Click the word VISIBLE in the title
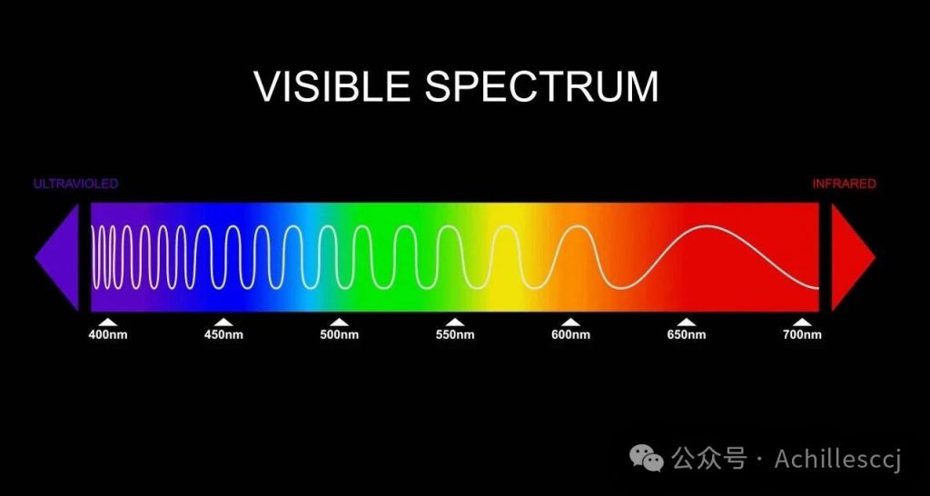pos(332,86)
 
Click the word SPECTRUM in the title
pos(541,86)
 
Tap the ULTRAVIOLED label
pos(76,184)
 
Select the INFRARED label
pos(844,184)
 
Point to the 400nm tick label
pos(108,335)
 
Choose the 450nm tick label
pos(223,335)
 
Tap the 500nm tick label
pos(340,335)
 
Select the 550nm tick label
pos(455,335)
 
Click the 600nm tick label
pos(570,335)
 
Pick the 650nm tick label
pos(687,335)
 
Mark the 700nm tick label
pos(802,335)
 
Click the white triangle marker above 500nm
pos(340,322)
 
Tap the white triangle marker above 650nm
pos(687,322)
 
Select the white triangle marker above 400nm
pos(108,322)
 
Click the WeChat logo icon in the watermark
pos(647,459)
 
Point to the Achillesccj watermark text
pos(837,460)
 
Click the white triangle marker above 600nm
pos(570,322)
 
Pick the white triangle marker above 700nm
pos(802,322)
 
